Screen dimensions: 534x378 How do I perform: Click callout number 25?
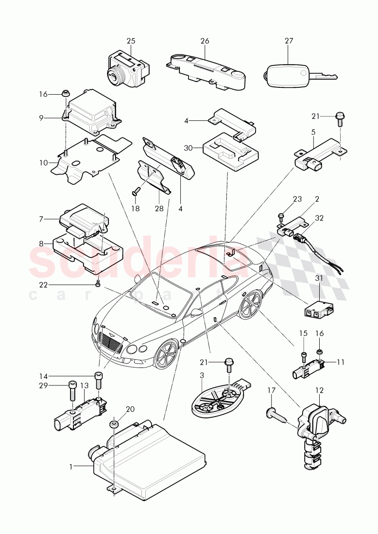pyautogui.click(x=131, y=41)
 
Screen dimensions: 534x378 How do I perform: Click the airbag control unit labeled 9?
pyautogui.click(x=91, y=113)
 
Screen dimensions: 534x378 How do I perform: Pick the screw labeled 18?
pyautogui.click(x=137, y=191)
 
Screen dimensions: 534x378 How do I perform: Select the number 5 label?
pyautogui.click(x=313, y=131)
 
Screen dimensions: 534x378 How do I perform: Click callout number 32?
pyautogui.click(x=319, y=218)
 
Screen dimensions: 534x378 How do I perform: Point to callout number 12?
pyautogui.click(x=319, y=389)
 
